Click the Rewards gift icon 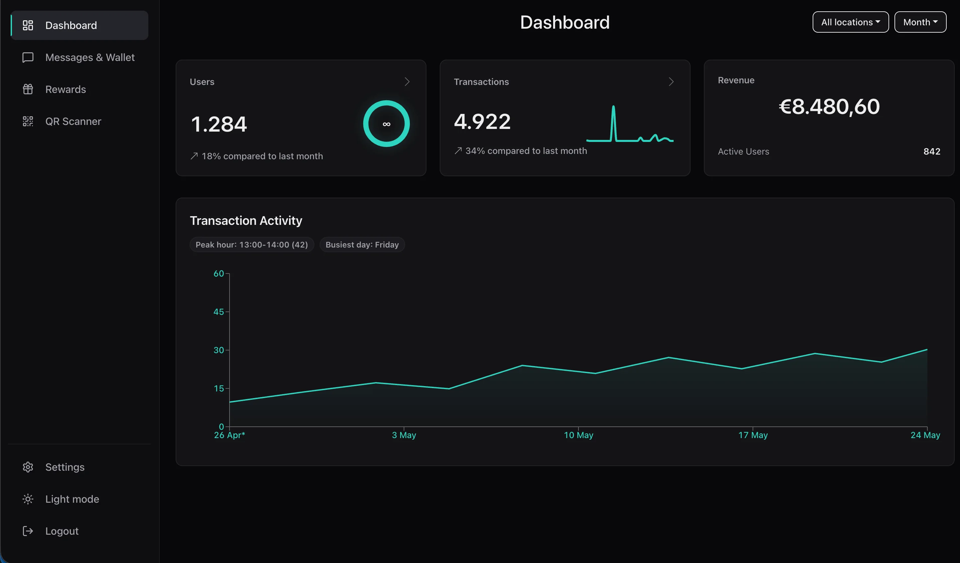tap(28, 89)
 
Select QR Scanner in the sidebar tap(73, 121)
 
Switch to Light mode tap(72, 499)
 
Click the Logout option tap(62, 531)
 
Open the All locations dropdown tap(850, 22)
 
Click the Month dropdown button tap(920, 22)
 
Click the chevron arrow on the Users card tap(407, 82)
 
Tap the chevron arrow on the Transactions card tap(671, 82)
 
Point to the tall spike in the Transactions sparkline tap(613, 107)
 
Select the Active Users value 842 tap(932, 152)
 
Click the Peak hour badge tap(251, 245)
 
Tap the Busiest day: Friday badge tap(362, 245)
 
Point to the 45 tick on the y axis tap(219, 311)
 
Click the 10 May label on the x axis tap(578, 435)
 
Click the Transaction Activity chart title tap(246, 221)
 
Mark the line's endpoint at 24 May tap(927, 349)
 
